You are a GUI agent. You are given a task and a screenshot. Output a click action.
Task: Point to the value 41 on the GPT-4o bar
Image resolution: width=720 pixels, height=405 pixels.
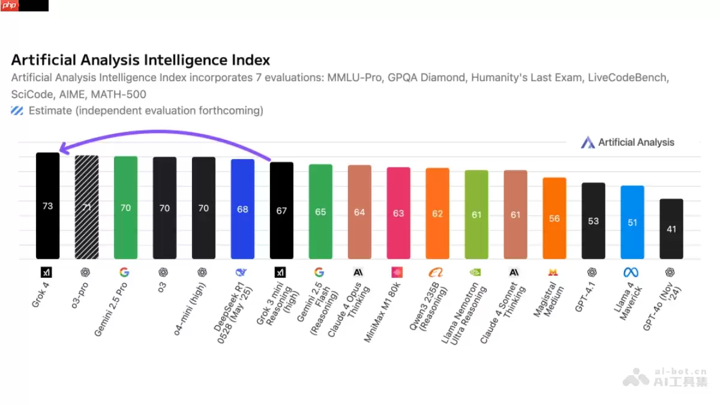click(x=671, y=229)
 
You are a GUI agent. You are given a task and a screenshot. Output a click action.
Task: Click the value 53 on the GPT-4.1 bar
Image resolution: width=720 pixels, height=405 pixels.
click(x=593, y=221)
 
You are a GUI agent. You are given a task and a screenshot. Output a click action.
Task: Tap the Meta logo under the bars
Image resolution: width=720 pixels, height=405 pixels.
click(x=631, y=272)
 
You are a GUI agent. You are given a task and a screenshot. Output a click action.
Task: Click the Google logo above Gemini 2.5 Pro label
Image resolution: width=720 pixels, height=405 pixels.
click(x=125, y=272)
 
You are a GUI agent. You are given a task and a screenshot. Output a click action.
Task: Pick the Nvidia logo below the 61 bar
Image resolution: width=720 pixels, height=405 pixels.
click(x=475, y=272)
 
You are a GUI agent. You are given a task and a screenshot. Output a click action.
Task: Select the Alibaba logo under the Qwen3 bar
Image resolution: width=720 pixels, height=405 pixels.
click(x=436, y=272)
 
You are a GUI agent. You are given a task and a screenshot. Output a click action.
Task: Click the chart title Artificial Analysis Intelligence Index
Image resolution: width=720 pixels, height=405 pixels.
click(x=140, y=60)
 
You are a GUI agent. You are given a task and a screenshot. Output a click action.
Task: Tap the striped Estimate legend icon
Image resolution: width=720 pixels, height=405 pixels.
click(x=17, y=110)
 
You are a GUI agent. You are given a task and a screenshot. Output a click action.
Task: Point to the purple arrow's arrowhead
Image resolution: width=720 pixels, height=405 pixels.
click(x=61, y=151)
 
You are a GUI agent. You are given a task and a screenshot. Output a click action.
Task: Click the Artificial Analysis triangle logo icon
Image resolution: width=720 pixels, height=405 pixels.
click(x=587, y=142)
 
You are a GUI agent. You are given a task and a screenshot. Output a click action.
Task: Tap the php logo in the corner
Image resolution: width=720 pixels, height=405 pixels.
click(x=10, y=6)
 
